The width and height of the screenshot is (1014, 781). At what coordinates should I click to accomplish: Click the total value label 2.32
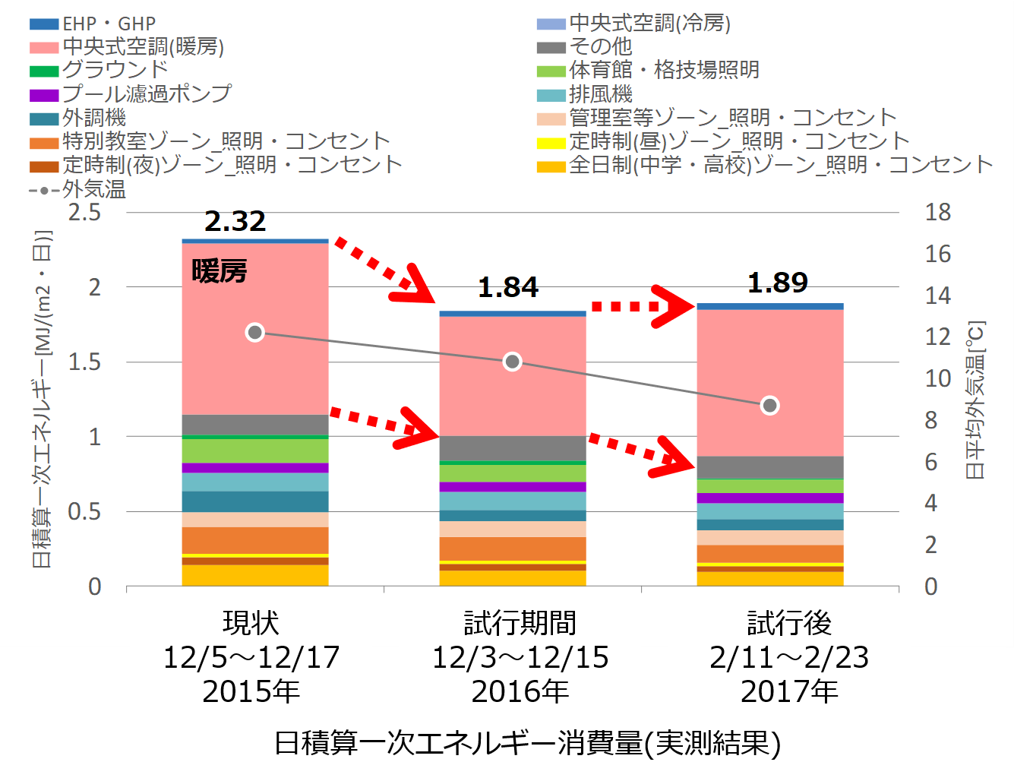click(235, 221)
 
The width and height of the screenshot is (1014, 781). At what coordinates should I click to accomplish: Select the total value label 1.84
click(508, 287)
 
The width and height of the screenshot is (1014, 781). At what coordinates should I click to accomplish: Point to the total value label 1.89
click(778, 283)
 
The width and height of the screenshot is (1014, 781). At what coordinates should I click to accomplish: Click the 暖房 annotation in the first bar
click(220, 271)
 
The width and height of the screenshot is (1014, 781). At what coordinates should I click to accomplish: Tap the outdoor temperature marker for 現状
click(255, 333)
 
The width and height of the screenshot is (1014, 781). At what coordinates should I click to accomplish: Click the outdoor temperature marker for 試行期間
click(513, 362)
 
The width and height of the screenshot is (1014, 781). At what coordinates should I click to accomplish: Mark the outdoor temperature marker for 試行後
click(770, 406)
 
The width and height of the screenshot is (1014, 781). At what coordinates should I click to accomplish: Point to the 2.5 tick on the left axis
click(84, 212)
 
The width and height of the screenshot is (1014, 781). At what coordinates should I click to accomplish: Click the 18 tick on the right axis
click(937, 212)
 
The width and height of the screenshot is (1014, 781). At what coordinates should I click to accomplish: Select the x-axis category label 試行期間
click(520, 623)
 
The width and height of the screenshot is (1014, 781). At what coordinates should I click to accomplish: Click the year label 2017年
click(789, 691)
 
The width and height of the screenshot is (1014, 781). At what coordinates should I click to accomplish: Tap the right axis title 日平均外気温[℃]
click(975, 400)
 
